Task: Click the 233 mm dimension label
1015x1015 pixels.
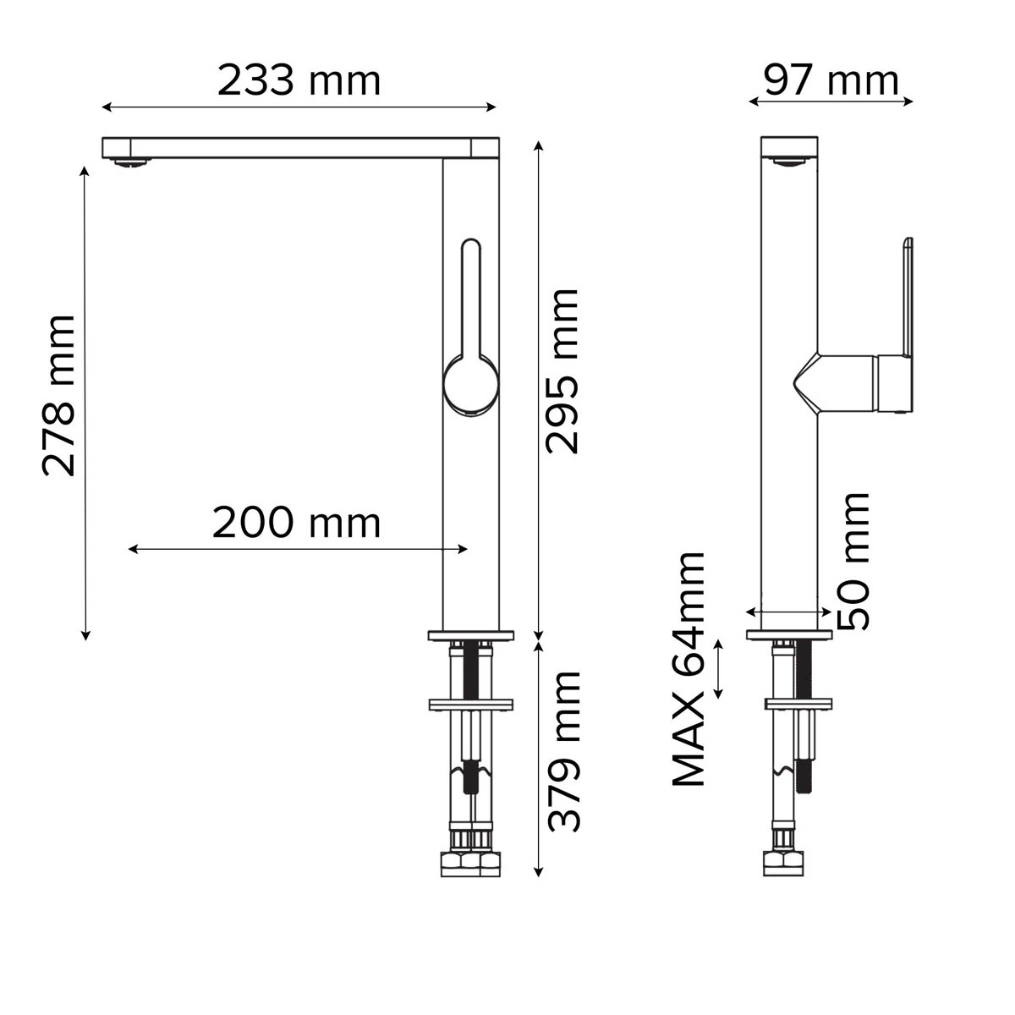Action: [x=299, y=81]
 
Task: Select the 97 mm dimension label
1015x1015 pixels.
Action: [x=831, y=81]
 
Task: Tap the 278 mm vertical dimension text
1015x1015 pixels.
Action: [x=59, y=395]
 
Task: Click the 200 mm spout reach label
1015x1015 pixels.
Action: [x=296, y=523]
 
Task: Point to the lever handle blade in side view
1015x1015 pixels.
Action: [x=908, y=296]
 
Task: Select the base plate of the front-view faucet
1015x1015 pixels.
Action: [x=472, y=634]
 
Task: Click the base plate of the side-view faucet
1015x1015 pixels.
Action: [x=789, y=634]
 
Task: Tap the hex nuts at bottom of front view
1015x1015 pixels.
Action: [x=471, y=864]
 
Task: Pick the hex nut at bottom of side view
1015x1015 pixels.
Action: [x=783, y=863]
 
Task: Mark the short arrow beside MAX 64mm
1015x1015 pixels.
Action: [x=719, y=669]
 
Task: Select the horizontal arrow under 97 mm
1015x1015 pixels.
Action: [x=831, y=101]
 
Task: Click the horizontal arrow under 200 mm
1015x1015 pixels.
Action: [x=298, y=549]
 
